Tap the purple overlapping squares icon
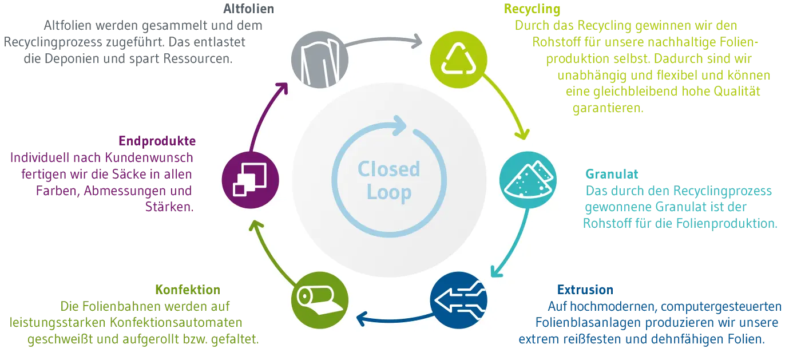pyautogui.click(x=250, y=180)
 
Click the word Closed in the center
pyautogui.click(x=388, y=169)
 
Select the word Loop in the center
pyautogui.click(x=389, y=192)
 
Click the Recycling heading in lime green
pyautogui.click(x=532, y=9)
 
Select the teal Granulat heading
pyautogui.click(x=604, y=173)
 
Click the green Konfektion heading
pyautogui.click(x=187, y=290)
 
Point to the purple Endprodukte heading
pyautogui.click(x=157, y=140)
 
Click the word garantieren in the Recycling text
pyautogui.click(x=608, y=108)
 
